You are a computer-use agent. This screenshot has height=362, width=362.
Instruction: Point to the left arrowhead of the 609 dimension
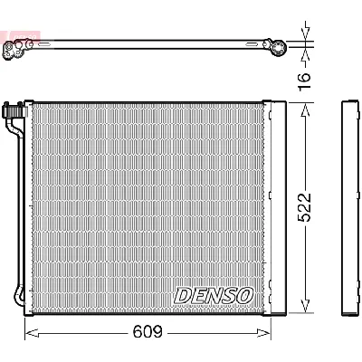click(x=26, y=333)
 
